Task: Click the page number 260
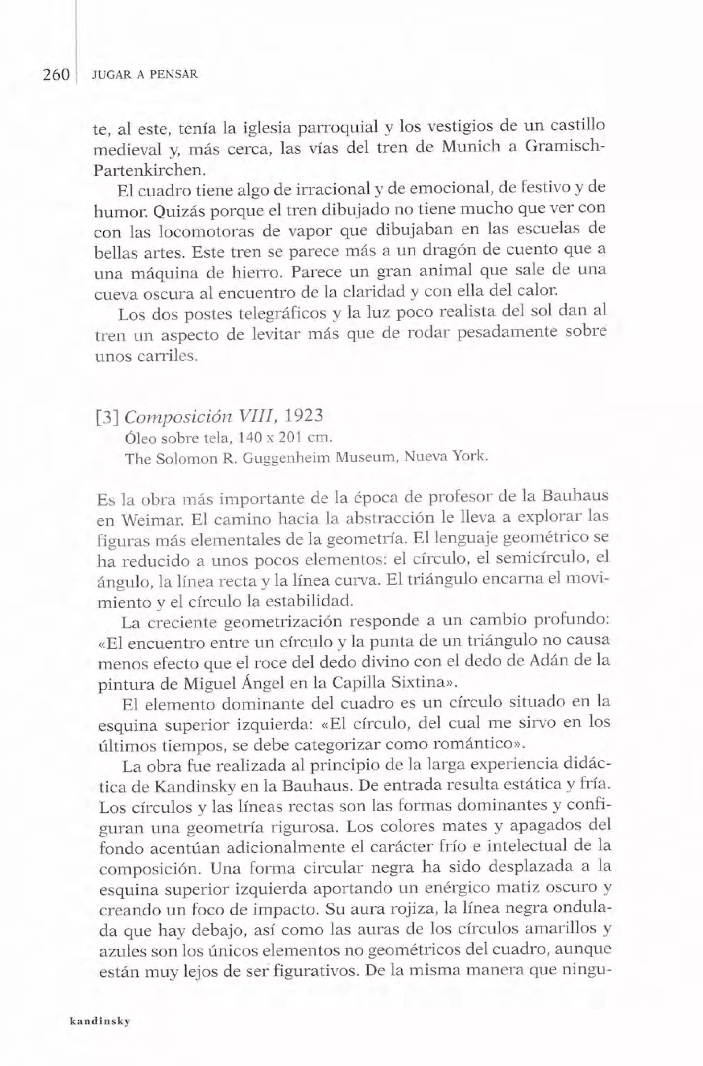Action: (x=57, y=74)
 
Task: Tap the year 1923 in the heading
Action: (x=304, y=416)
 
